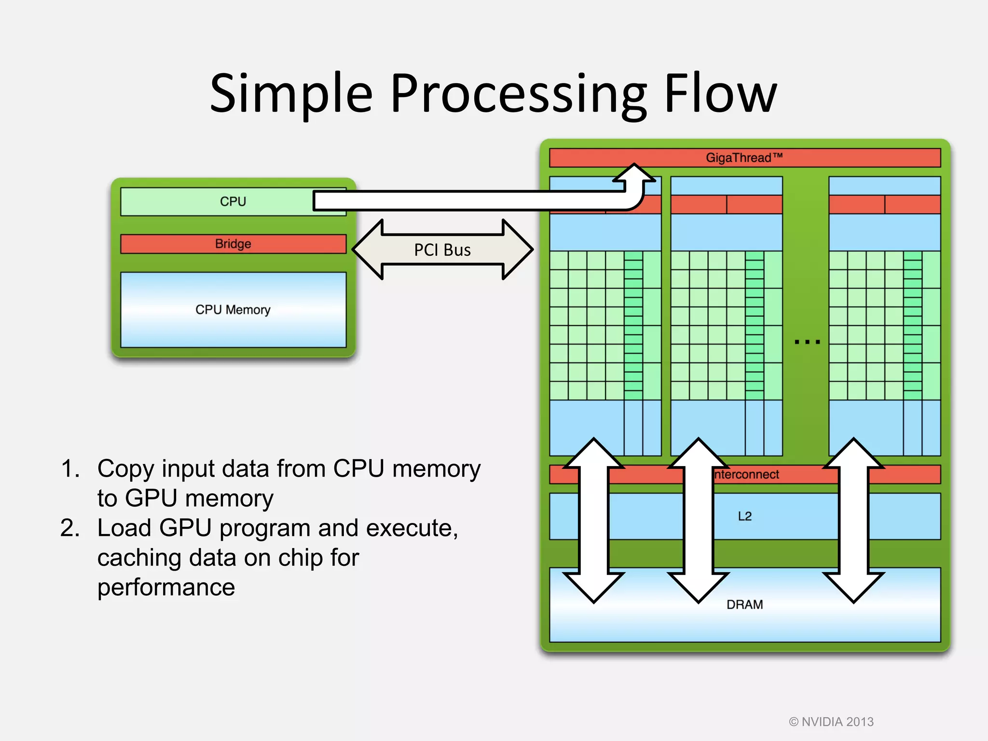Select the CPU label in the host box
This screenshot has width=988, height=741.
(233, 202)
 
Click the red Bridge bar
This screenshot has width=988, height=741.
(233, 244)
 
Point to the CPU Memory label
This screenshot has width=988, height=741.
(233, 310)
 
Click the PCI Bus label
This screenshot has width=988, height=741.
(442, 250)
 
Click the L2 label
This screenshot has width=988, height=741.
(745, 516)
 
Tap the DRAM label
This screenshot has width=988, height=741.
(745, 604)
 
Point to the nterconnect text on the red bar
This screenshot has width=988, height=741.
(746, 475)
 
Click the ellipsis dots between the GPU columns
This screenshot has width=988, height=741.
(807, 342)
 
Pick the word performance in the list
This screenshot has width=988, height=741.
(166, 588)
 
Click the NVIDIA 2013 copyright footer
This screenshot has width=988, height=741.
(831, 722)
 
